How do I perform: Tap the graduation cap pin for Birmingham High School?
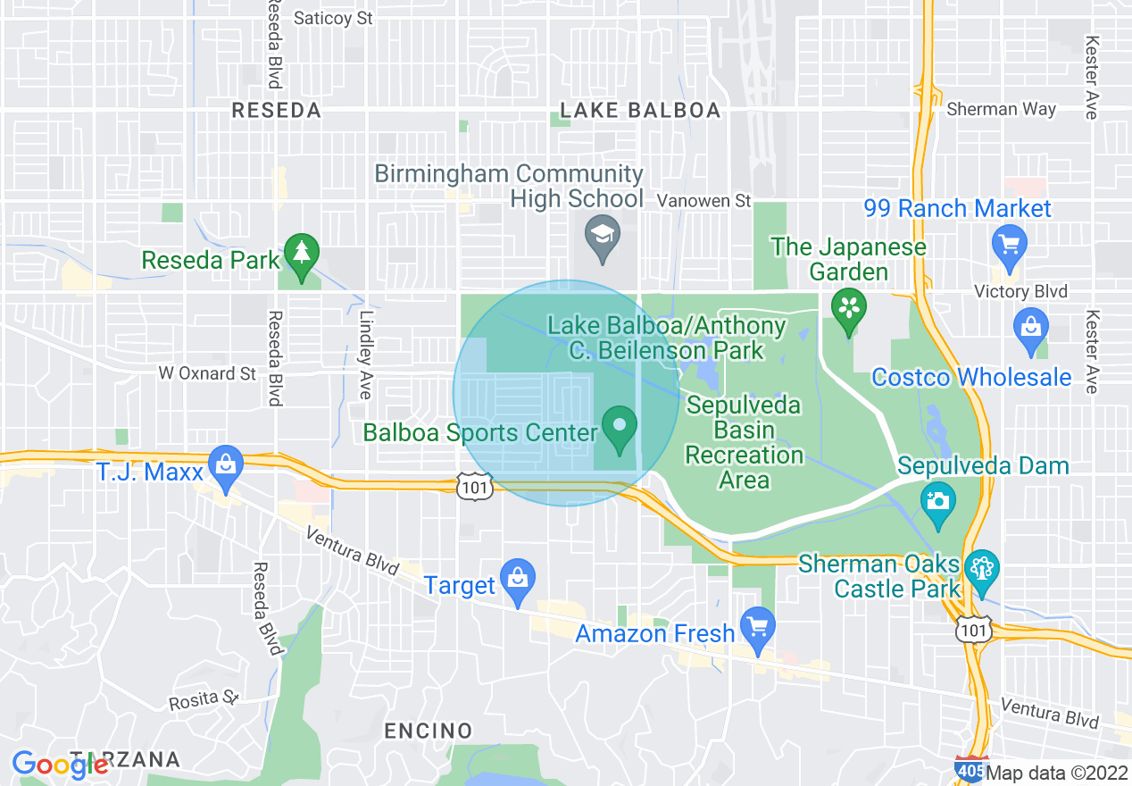(x=603, y=234)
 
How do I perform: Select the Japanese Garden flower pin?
(x=846, y=309)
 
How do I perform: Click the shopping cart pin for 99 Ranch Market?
(x=1010, y=244)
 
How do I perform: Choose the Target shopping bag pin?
(x=518, y=578)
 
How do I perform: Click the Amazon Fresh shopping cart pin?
(x=758, y=627)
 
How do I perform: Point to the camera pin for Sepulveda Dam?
(x=938, y=500)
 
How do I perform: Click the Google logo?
(x=59, y=764)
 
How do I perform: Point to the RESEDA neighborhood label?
(x=276, y=111)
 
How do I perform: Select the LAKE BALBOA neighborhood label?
(x=639, y=111)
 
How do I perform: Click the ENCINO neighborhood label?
(x=429, y=731)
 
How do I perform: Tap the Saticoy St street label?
(x=333, y=18)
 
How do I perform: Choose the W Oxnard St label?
(x=207, y=373)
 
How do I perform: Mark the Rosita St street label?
(x=205, y=699)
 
